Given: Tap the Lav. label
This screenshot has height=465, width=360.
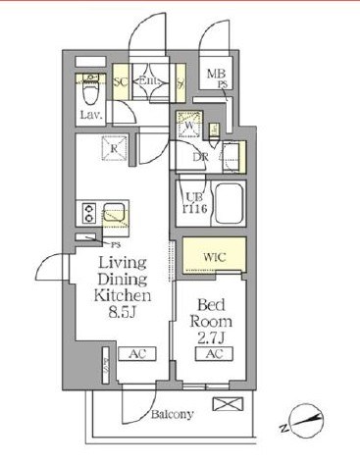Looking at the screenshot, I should [90, 115].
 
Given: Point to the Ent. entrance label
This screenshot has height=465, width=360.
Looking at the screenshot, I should [151, 81].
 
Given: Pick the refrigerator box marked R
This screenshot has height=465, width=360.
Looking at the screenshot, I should [115, 149].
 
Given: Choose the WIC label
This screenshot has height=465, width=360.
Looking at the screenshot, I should [215, 258].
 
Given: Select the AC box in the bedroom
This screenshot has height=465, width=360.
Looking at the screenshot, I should [216, 353].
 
